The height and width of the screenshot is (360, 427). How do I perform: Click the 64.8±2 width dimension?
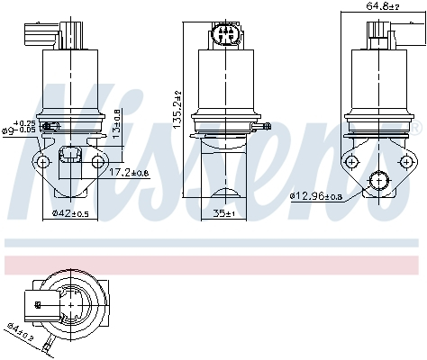point(381,6)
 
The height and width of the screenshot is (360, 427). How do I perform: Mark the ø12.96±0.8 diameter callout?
point(319,195)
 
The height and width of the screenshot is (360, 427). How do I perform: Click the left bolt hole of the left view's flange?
point(41,161)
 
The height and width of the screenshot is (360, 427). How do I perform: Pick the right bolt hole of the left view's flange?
point(96,161)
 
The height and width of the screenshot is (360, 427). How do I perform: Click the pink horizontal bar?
point(213,264)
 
